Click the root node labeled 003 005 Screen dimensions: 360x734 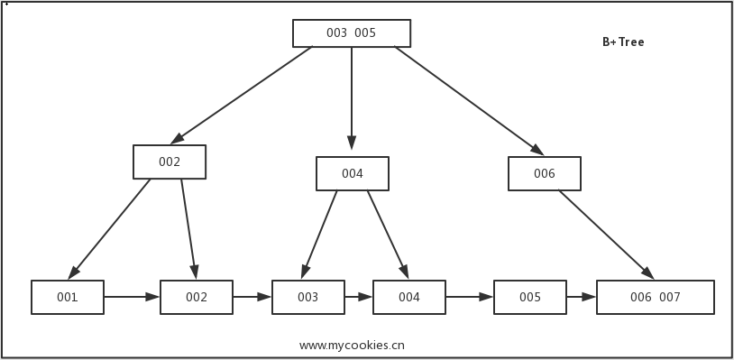point(352,33)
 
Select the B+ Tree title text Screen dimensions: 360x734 point(623,42)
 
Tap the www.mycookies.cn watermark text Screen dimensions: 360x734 point(352,345)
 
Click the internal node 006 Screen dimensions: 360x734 point(544,174)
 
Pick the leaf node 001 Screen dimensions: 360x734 point(68,297)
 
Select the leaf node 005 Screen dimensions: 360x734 point(530,297)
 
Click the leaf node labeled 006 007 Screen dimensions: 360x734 point(656,297)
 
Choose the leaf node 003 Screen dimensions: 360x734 point(308,297)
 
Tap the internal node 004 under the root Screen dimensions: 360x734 point(353,173)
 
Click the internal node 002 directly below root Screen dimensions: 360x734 point(170,162)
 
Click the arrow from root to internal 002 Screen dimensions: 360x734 point(242,96)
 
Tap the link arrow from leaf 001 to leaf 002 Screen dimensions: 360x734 point(132,296)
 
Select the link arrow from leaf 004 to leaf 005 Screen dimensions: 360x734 point(469,296)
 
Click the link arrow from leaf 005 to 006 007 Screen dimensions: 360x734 point(582,296)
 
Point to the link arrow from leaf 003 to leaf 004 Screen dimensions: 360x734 point(359,296)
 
